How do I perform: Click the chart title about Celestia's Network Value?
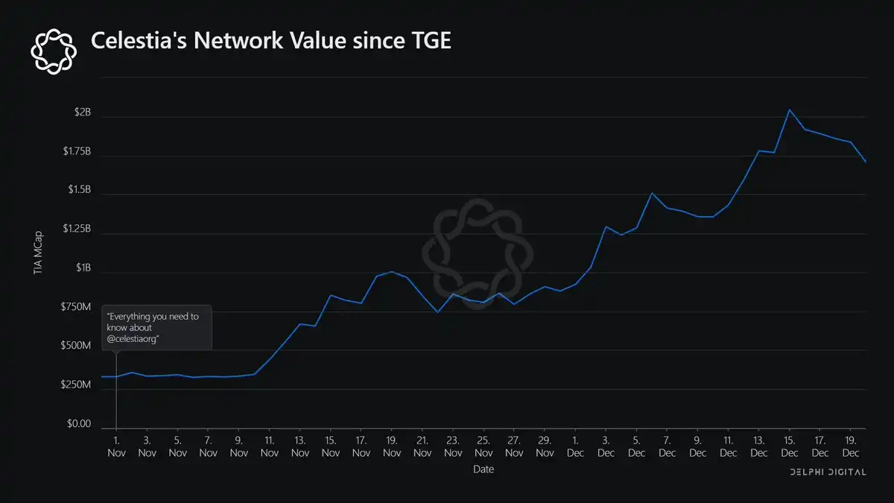tap(270, 42)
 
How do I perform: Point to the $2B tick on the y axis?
tap(82, 113)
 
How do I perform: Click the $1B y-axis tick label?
tap(82, 268)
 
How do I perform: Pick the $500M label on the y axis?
tap(75, 347)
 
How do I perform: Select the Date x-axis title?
tap(483, 469)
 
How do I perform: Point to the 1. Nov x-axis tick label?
tap(116, 446)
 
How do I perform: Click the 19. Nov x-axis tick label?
tap(391, 446)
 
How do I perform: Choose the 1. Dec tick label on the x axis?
tap(575, 446)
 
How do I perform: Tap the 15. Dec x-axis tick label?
tap(789, 446)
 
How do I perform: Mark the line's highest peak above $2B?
tap(789, 110)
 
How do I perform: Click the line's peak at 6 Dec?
tap(652, 193)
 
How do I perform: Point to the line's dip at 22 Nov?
tap(437, 311)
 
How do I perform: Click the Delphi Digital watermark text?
tap(827, 473)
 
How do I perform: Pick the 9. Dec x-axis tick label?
tap(697, 446)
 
